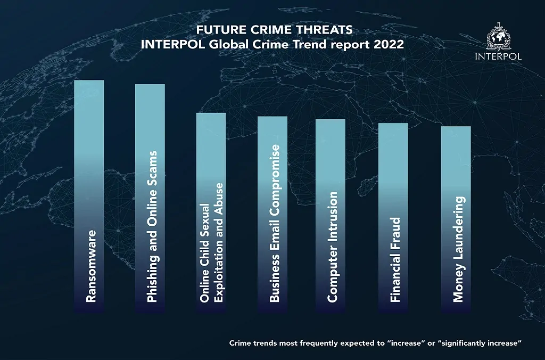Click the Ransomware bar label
coord(92,266)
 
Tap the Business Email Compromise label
coord(274,224)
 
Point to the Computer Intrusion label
coord(333,248)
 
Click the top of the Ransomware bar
coord(89,81)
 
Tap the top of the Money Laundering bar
coord(456,128)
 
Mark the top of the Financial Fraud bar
coord(393,125)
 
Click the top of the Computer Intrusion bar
coord(330,120)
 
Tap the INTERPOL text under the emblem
coord(498,56)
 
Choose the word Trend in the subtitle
coord(308,44)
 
